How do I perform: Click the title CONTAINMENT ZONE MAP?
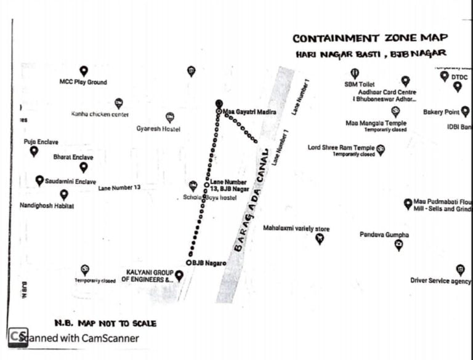tap(370, 38)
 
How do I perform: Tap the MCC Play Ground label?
tap(83, 82)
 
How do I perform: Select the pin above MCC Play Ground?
tap(84, 71)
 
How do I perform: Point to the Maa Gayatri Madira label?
tap(249, 112)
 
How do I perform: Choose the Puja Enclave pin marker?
tap(34, 151)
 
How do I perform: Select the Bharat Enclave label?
tap(73, 158)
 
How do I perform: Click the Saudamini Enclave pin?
tap(39, 180)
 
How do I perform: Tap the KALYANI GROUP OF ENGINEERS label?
tap(147, 276)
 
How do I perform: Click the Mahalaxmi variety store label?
tap(296, 228)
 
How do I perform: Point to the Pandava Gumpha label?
tap(384, 234)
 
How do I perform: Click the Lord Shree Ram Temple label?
tap(341, 148)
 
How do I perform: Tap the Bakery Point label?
tap(441, 112)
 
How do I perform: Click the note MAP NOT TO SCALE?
tap(105, 323)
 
